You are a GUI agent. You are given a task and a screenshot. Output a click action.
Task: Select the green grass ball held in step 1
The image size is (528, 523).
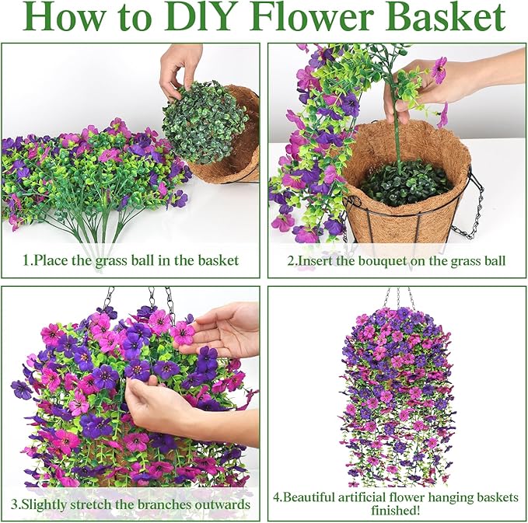click(205, 122)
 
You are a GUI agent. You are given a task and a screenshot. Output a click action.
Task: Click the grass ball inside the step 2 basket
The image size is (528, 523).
click(405, 183)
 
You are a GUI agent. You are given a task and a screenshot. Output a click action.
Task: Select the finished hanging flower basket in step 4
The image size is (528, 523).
click(397, 397)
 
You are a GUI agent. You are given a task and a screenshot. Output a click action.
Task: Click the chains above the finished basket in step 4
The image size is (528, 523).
click(398, 298)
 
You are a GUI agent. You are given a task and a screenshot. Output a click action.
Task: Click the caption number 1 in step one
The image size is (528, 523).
click(26, 260)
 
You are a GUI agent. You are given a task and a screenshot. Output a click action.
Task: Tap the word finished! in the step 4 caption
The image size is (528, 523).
click(396, 511)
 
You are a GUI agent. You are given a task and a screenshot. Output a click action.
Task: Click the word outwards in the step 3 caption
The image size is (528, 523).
click(223, 504)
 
